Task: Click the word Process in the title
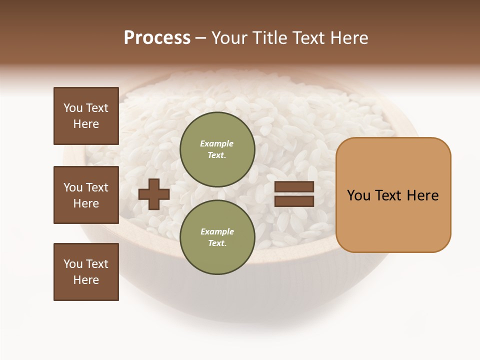[157, 38]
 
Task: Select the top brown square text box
[86, 116]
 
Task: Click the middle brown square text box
[86, 195]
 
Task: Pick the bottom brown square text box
[86, 272]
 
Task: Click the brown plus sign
[154, 194]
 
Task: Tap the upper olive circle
[217, 149]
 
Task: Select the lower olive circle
[217, 237]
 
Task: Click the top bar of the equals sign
[294, 186]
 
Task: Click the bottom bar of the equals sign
[294, 201]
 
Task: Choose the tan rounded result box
[393, 195]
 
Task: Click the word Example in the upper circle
[216, 143]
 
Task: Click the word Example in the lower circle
[217, 231]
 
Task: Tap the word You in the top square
[73, 108]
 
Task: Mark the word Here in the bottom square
[86, 280]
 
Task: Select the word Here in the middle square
[86, 203]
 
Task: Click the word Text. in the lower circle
[217, 243]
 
